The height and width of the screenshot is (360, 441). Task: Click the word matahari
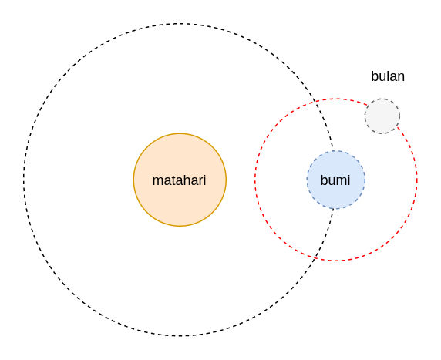[179, 180]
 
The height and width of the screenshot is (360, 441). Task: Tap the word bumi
[335, 180]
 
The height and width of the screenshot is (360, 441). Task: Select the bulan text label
[388, 76]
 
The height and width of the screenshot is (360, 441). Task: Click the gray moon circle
[382, 116]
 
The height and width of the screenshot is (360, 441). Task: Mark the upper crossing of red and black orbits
[315, 101]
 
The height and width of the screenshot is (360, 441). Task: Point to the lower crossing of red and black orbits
[315, 258]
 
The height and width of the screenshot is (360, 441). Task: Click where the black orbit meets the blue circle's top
[333, 151]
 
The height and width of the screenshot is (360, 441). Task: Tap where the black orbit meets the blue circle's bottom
[333, 209]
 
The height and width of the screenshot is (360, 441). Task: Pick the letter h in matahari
[181, 180]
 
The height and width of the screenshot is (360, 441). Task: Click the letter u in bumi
[332, 182]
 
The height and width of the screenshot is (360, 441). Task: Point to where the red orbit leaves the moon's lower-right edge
[397, 126]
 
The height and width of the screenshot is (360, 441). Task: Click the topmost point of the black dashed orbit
[180, 24]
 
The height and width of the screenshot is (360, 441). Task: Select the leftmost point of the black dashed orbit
[24, 180]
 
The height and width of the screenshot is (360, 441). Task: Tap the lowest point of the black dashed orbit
[180, 335]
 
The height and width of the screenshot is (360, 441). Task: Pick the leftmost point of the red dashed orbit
[255, 180]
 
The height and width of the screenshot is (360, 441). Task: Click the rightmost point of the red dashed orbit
[417, 180]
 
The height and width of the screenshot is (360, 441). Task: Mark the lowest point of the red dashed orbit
[336, 261]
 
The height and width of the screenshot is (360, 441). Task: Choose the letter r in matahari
[200, 182]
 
